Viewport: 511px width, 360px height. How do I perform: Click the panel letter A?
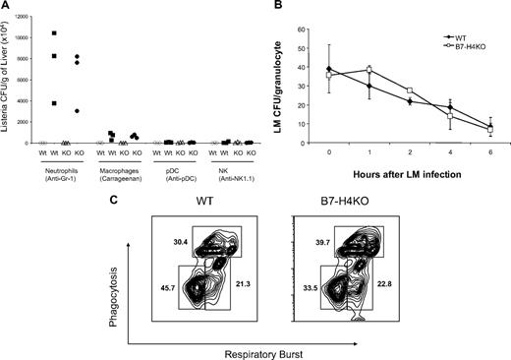(x=7, y=8)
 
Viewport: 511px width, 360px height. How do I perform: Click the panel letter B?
(x=270, y=8)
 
